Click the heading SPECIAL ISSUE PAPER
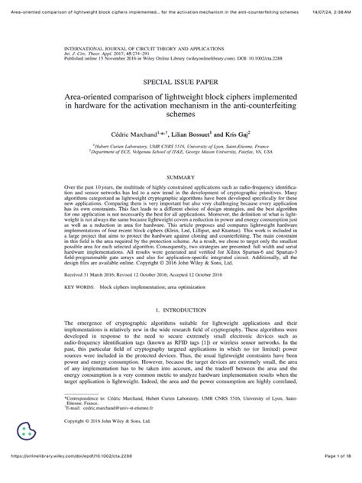[180, 79]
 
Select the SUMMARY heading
[180, 177]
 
